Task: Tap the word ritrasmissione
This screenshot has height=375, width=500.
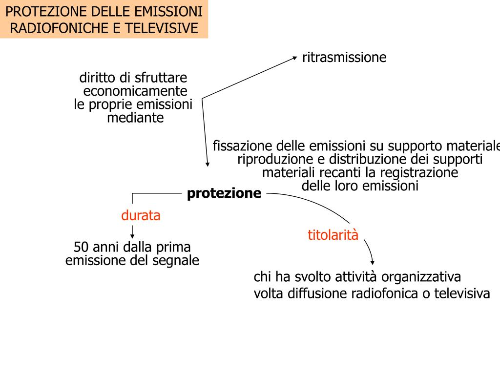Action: (x=344, y=58)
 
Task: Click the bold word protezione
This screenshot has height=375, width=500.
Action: (x=224, y=194)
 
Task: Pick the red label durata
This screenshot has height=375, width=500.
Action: (x=141, y=215)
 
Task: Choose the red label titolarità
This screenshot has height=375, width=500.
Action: (x=333, y=235)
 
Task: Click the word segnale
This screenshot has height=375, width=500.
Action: (x=176, y=260)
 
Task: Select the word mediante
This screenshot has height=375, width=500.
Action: (x=135, y=118)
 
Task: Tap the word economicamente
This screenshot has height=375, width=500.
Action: (x=135, y=91)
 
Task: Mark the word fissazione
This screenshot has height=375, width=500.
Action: (x=243, y=146)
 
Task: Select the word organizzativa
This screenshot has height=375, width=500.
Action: (x=421, y=277)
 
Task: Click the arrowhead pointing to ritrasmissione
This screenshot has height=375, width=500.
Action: (x=294, y=58)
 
